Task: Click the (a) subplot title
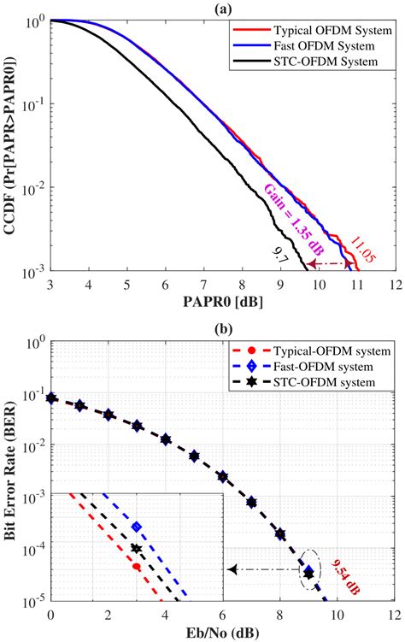pyautogui.click(x=222, y=8)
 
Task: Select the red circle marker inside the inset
pyautogui.click(x=137, y=566)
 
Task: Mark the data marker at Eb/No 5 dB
pyautogui.click(x=194, y=456)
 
